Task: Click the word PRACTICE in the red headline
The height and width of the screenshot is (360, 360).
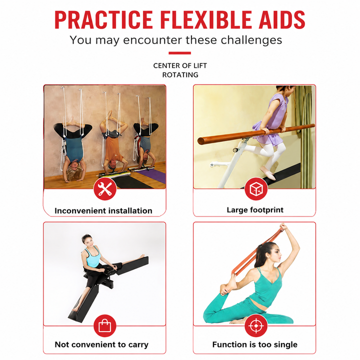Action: coord(103,19)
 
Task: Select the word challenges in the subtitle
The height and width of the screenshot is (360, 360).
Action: coord(251,40)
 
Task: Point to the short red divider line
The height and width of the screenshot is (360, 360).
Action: coord(180,53)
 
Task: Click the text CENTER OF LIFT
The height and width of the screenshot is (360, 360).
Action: coord(180,65)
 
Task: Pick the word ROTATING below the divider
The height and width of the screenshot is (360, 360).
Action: coord(180,75)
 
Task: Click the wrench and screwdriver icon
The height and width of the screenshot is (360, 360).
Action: coord(105,188)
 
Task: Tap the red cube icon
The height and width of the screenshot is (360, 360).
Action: coord(256,188)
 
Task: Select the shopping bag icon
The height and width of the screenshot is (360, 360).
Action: coord(105,326)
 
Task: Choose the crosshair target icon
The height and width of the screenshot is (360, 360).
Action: coord(256,326)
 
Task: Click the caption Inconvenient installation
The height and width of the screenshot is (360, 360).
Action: coord(103,210)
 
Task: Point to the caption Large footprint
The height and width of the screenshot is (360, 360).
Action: coord(255,210)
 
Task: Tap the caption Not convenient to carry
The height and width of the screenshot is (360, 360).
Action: coord(101,344)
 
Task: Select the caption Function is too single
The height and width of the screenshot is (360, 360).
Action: coord(255,344)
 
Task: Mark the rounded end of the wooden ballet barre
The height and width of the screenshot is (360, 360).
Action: coord(201,140)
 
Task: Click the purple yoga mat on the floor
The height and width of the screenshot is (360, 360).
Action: coord(152,175)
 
